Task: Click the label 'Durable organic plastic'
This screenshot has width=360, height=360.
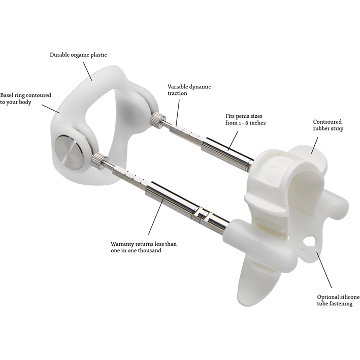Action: (78, 55)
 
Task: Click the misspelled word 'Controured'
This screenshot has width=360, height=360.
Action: (327, 122)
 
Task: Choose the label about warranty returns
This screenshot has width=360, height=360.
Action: (144, 247)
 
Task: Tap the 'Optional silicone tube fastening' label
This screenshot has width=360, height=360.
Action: (334, 300)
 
